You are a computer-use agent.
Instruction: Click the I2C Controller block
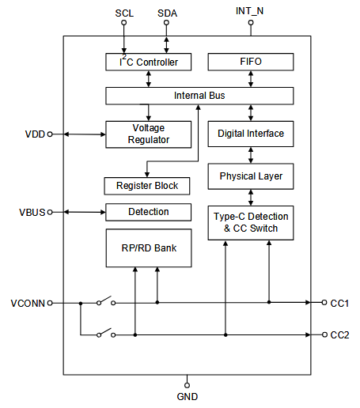tap(149, 62)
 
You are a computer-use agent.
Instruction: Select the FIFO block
tap(251, 62)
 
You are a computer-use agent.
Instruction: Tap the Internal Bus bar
tap(199, 96)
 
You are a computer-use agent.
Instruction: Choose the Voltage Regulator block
tap(149, 134)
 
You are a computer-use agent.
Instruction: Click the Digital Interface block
tap(251, 134)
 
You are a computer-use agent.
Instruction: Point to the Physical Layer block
tap(251, 176)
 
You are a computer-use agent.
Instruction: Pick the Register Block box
tap(147, 186)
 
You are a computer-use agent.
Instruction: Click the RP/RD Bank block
tap(149, 248)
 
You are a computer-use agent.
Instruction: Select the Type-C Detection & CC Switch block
tap(251, 223)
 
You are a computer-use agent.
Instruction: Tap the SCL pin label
tap(124, 13)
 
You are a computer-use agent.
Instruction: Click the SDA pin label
tap(167, 13)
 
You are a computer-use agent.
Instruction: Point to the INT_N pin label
tap(249, 11)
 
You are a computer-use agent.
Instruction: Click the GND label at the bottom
tap(188, 397)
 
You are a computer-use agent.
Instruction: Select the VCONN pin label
tap(28, 304)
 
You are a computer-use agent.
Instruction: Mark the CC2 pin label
tap(339, 335)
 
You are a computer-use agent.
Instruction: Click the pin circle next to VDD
tap(50, 134)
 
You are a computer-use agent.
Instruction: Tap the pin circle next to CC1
tap(324, 303)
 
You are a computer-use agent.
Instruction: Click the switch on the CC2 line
tap(106, 333)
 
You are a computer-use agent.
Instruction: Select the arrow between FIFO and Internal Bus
tap(251, 79)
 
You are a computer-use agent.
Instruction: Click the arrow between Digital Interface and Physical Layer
tap(251, 155)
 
